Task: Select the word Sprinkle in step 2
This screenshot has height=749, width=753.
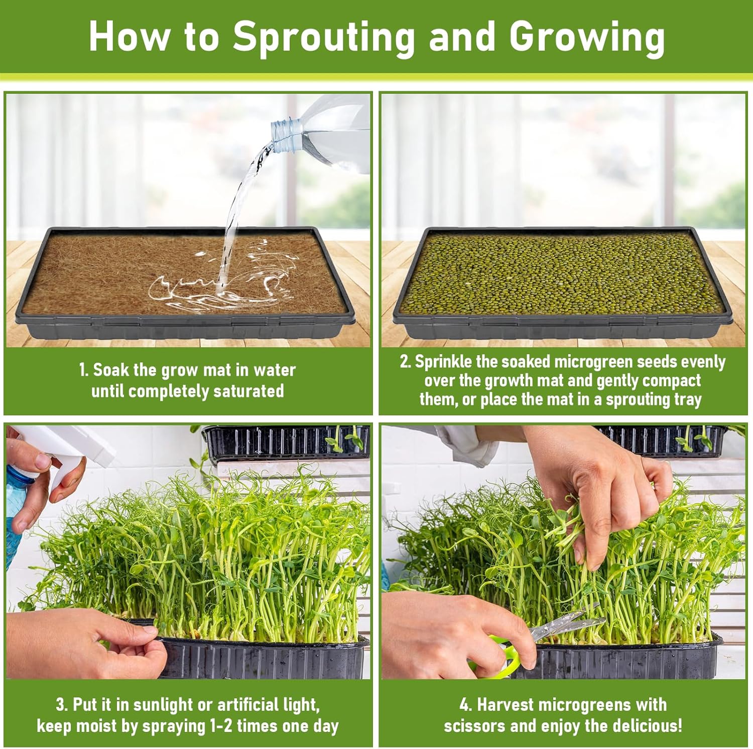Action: (x=444, y=362)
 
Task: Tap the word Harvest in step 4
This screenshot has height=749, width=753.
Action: (x=506, y=705)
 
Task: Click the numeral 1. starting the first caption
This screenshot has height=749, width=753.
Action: (x=84, y=370)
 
